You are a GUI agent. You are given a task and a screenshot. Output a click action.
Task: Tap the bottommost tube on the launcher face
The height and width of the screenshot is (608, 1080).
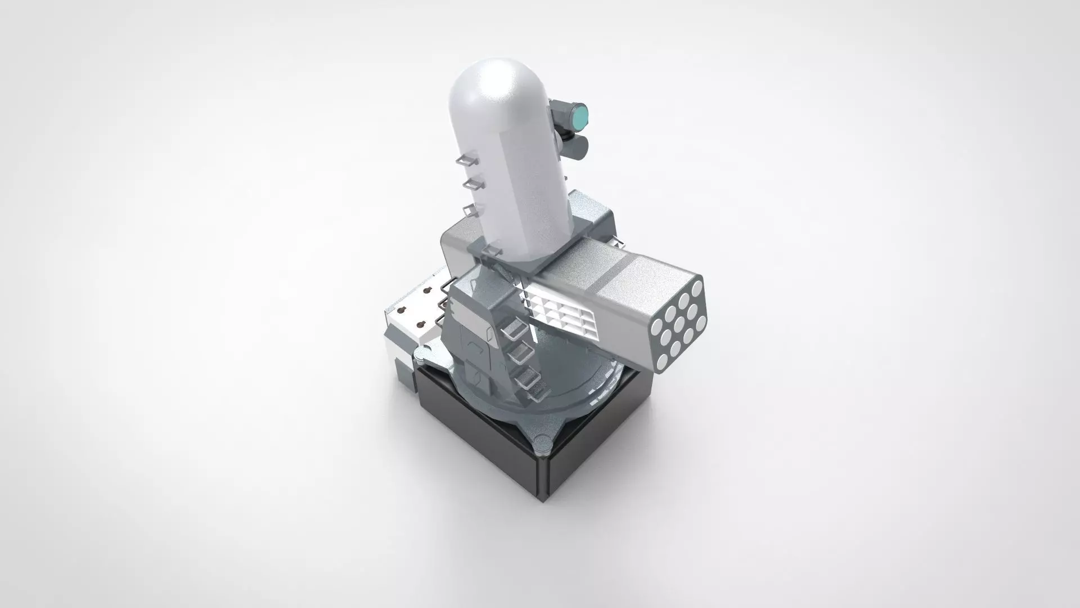coord(662,361)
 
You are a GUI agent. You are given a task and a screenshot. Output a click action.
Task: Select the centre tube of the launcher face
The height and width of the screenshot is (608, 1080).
coord(679,325)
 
